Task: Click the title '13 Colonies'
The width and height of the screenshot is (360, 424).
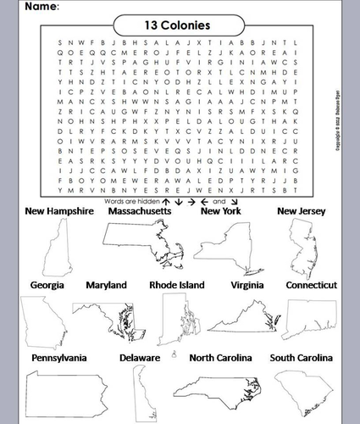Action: coord(177,25)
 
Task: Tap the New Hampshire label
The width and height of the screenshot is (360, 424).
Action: coord(59,211)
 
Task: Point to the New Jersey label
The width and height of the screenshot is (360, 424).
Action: coord(303,211)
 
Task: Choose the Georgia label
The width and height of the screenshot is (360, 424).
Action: coord(47,286)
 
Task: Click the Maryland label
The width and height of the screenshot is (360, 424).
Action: coord(106,286)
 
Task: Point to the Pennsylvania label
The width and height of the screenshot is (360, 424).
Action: coord(58,359)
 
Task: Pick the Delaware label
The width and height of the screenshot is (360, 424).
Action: coord(140,359)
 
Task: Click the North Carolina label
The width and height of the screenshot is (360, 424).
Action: coord(220,359)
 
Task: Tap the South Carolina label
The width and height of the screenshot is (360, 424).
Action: coord(301,359)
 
